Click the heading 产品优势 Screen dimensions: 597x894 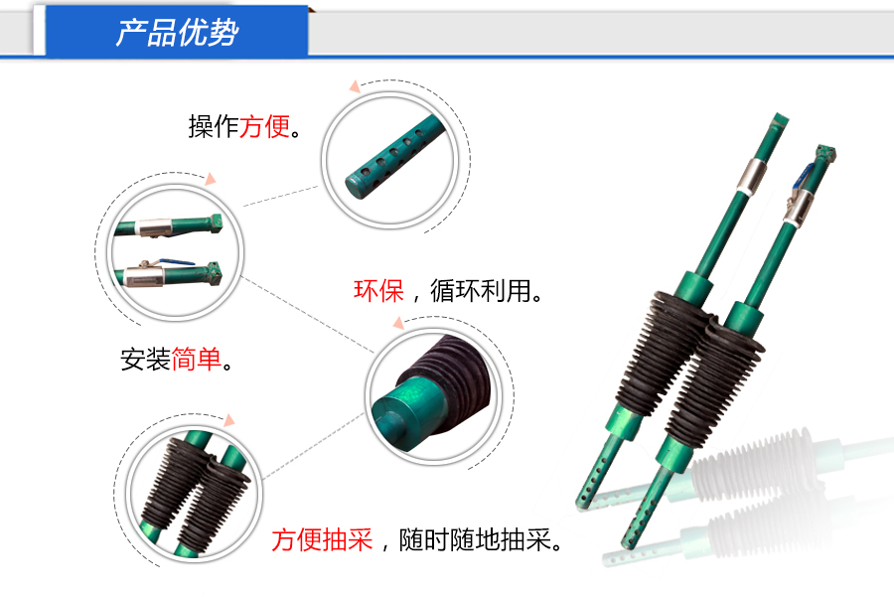coord(177,34)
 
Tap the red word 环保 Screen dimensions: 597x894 coord(378,291)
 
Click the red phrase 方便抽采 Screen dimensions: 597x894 coord(322,540)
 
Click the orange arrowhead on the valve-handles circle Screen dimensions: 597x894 coord(210,180)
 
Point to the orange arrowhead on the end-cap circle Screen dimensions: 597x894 coord(396,322)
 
